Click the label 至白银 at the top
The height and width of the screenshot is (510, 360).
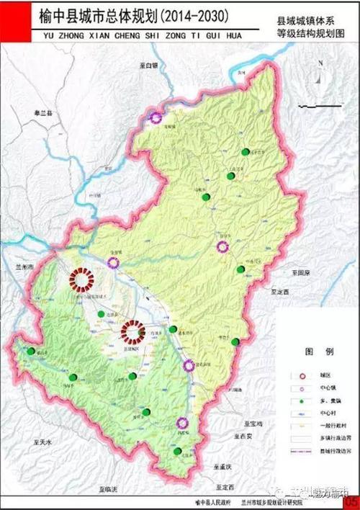148,65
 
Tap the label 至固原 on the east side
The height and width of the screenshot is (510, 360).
300,273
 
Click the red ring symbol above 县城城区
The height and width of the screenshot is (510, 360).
132,331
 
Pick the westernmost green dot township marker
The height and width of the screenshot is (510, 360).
31,351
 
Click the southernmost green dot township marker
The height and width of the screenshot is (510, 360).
177,452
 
